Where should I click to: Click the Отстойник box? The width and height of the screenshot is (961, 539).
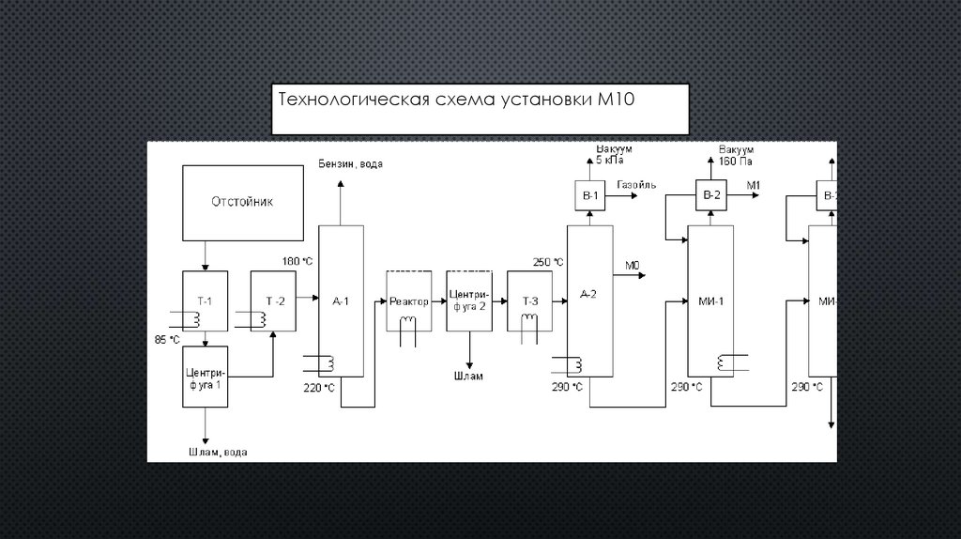[x=243, y=202]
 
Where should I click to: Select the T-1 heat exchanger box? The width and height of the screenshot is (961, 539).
[x=205, y=300]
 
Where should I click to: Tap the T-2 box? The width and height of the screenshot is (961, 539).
[x=274, y=300]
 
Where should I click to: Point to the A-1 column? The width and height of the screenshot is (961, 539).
[x=340, y=301]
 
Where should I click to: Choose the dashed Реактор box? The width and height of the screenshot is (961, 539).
[x=409, y=301]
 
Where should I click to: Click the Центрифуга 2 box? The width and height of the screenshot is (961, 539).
[x=468, y=300]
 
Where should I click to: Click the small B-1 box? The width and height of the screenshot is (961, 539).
[x=590, y=195]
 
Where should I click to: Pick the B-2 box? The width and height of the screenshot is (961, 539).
[x=711, y=195]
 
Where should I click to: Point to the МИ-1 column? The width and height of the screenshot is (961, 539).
[x=709, y=301]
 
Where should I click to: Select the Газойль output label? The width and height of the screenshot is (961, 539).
[x=636, y=185]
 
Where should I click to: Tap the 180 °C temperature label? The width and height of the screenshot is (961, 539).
[x=297, y=259]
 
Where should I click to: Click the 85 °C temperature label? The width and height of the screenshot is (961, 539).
[x=167, y=338]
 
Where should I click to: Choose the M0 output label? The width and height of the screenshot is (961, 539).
[x=632, y=267]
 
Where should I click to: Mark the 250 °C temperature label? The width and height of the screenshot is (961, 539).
[x=548, y=262]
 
